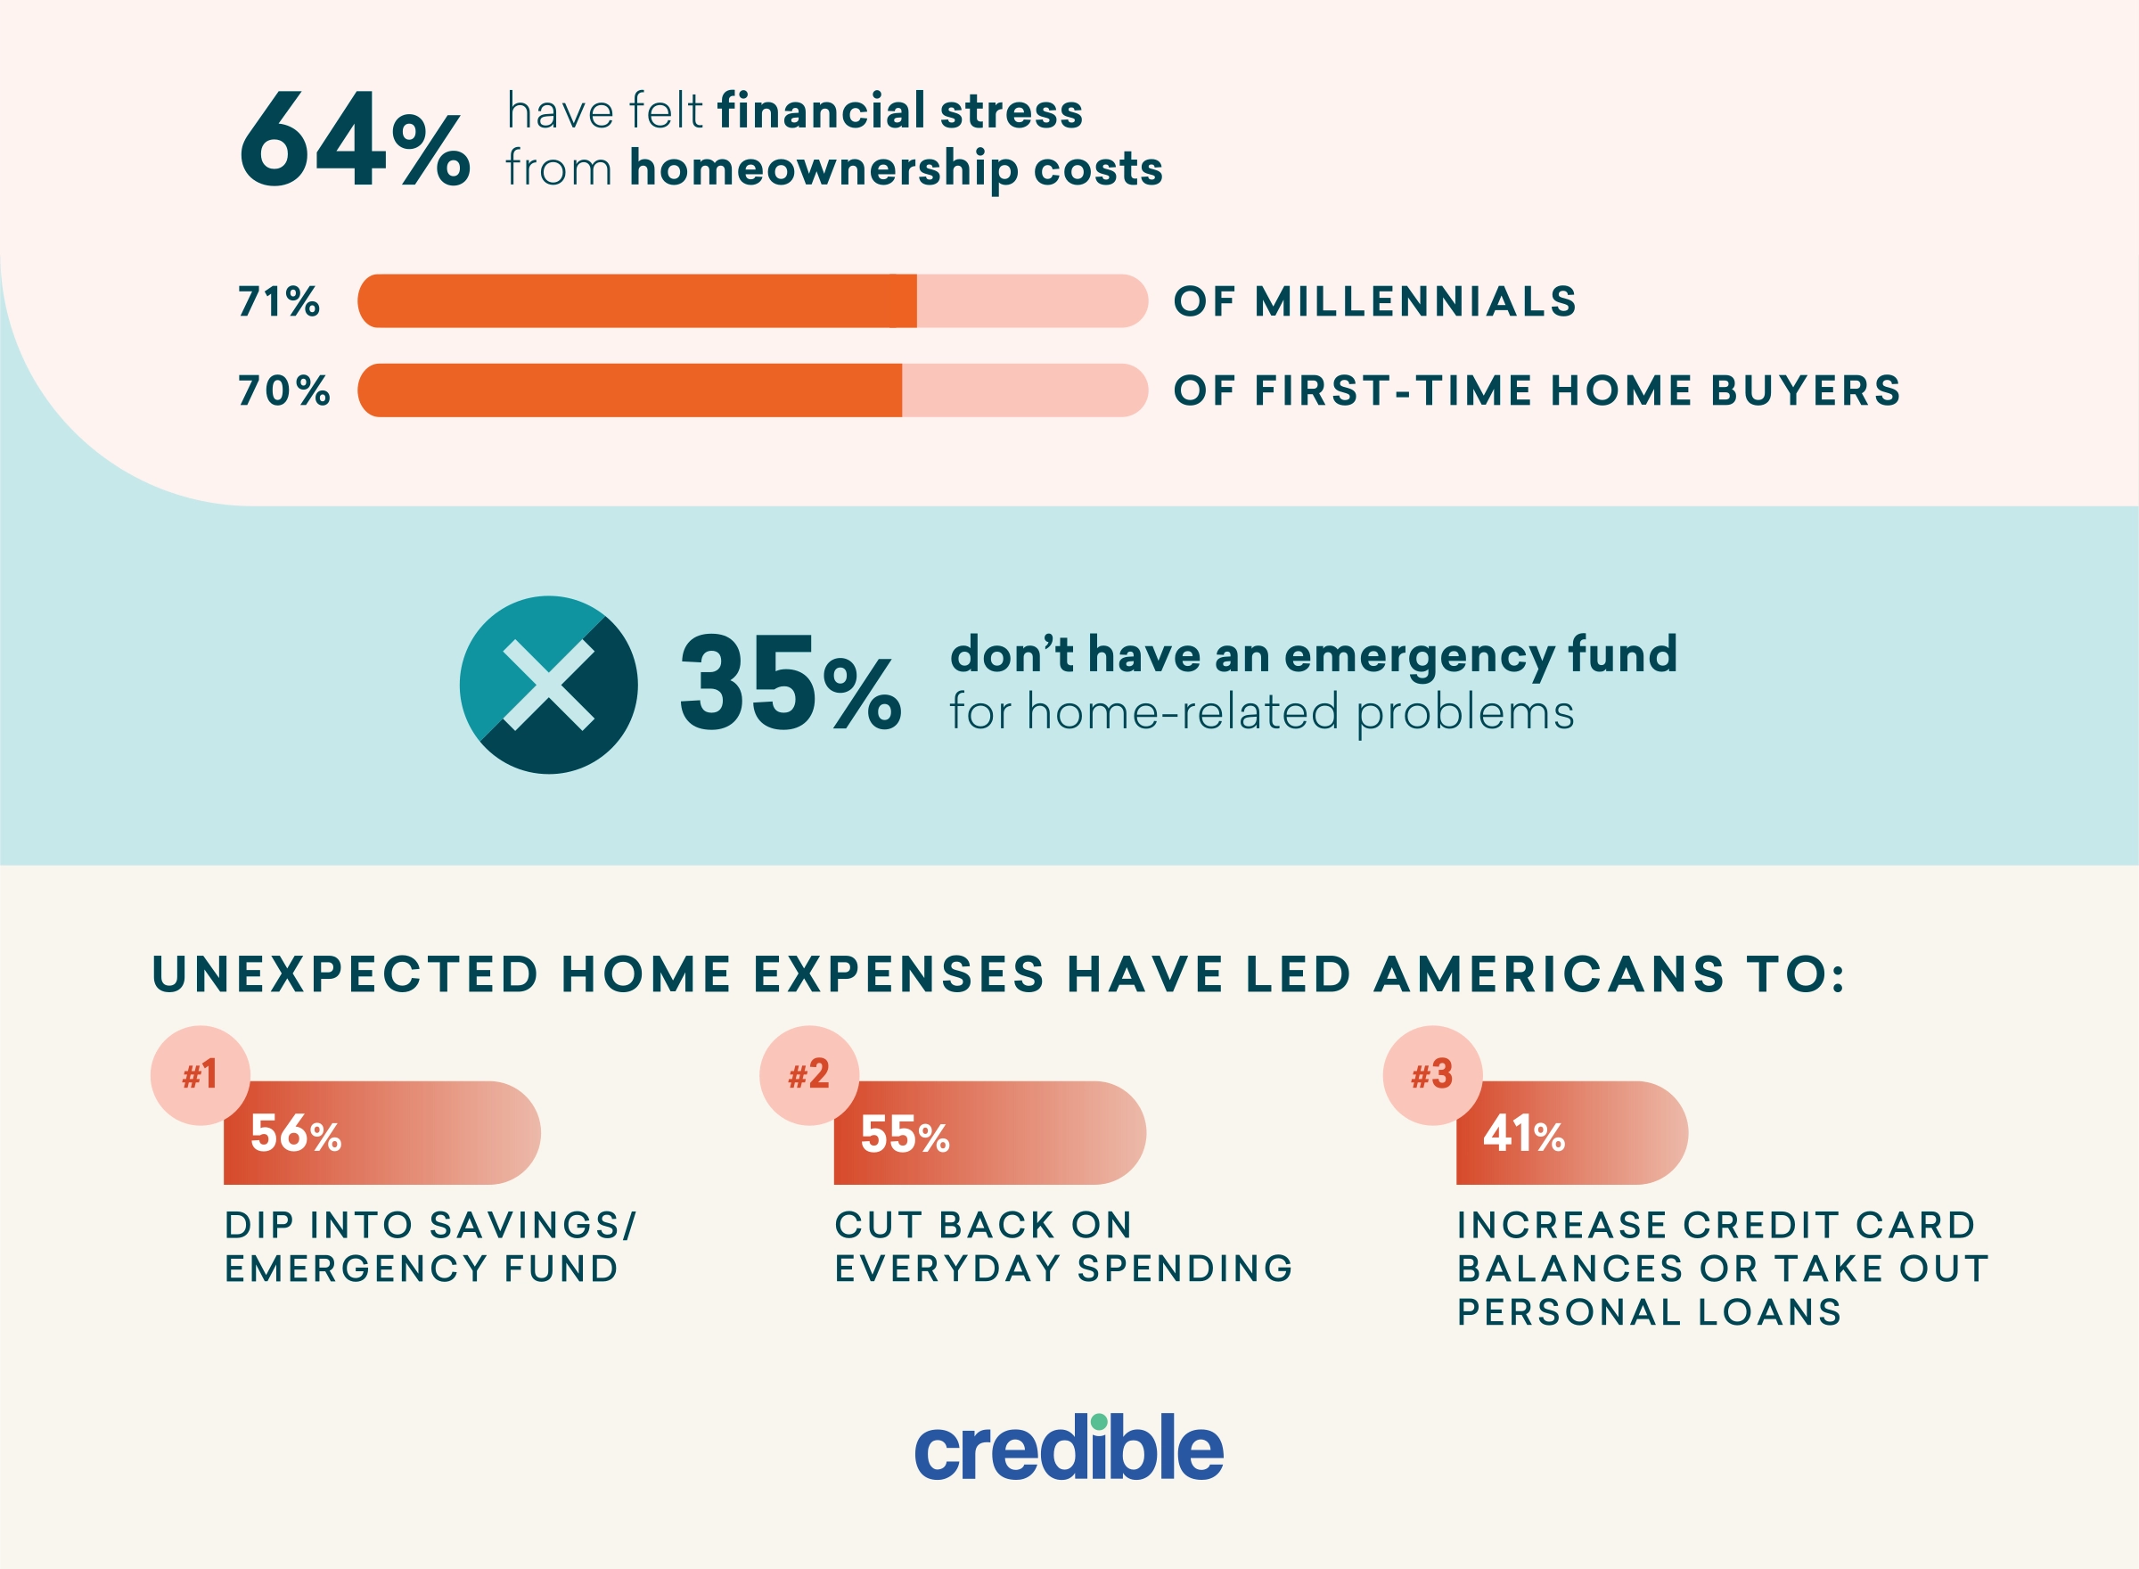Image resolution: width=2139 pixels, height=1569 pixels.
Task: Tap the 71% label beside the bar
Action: tap(279, 301)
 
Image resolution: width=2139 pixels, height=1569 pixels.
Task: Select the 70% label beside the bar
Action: tap(284, 390)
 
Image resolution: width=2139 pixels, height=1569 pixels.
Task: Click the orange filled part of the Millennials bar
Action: tap(637, 301)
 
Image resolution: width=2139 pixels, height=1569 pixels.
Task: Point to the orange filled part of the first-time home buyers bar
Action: tap(629, 390)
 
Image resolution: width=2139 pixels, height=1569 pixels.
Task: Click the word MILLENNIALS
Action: tap(1415, 301)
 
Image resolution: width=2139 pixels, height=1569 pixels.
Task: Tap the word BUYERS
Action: tap(1806, 390)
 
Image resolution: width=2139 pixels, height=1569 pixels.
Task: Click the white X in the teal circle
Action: tap(548, 685)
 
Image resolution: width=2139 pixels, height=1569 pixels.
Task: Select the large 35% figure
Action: tap(790, 684)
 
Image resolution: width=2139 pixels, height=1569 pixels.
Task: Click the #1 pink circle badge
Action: tap(201, 1075)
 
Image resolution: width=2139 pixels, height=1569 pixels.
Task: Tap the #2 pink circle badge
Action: tap(810, 1075)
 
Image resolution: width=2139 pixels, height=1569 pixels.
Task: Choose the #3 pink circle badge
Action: tap(1432, 1075)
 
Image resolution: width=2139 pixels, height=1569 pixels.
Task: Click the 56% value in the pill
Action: tap(295, 1134)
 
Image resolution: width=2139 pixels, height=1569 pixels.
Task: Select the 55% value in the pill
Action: tap(905, 1134)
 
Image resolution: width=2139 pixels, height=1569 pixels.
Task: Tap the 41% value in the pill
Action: tap(1524, 1134)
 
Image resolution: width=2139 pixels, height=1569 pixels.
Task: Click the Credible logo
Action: tap(1069, 1449)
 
